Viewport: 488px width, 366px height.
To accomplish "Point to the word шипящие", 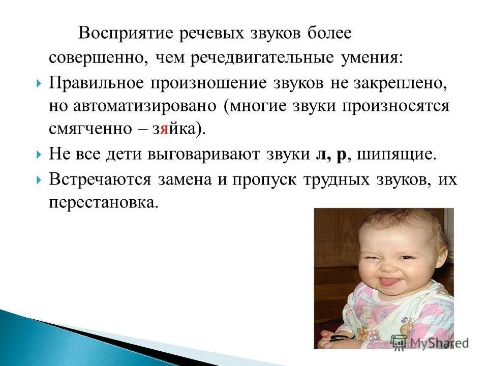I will [397, 155].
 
